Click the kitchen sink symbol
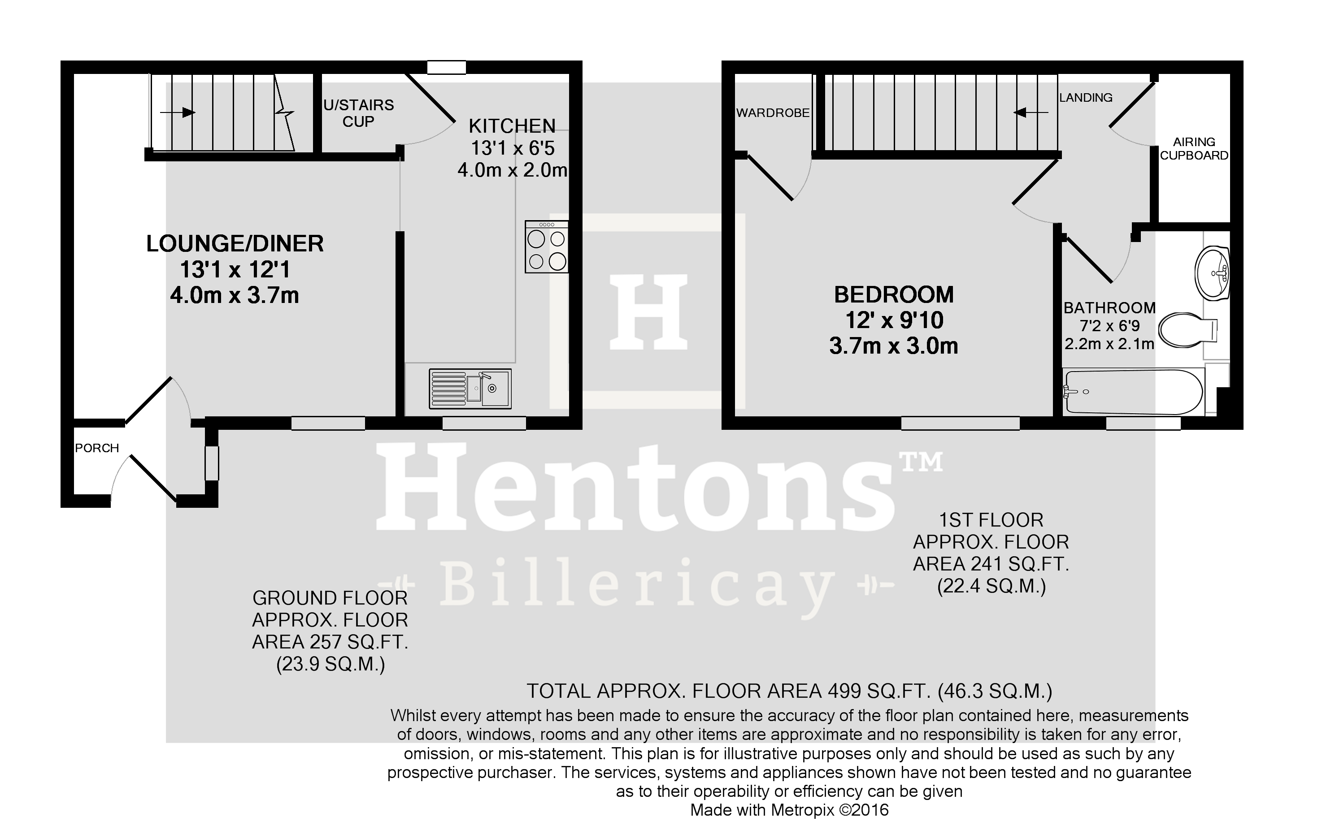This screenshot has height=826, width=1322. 470,389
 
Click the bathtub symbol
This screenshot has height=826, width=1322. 1132,392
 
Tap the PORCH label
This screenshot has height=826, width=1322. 97,448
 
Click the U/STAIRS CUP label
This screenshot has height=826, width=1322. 358,113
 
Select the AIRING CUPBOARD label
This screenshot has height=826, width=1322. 1194,149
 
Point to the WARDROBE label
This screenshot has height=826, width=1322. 773,113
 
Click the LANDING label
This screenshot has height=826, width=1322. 1085,98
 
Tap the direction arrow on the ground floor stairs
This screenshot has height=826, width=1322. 178,112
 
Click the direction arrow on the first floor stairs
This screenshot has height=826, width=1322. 1030,112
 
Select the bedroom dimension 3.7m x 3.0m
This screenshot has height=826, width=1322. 894,346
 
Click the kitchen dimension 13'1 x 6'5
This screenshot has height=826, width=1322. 513,148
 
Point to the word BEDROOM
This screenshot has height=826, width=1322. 894,295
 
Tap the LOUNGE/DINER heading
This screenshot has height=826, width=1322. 235,244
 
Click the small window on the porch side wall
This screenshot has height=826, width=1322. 212,463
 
